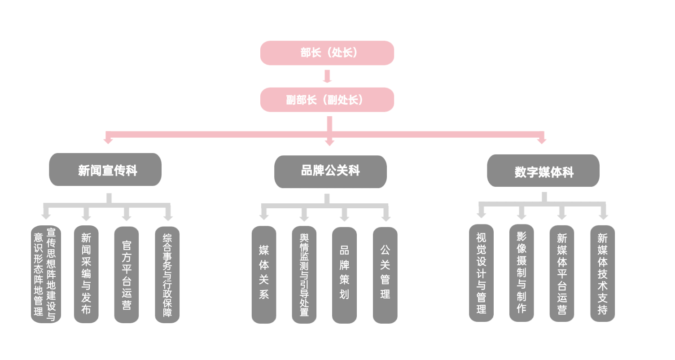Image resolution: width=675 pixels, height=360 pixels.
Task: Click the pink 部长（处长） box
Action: [x=327, y=53]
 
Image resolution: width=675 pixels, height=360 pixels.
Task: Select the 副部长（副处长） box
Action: [x=327, y=100]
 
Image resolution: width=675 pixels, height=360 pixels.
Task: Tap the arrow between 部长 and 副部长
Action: [x=327, y=76]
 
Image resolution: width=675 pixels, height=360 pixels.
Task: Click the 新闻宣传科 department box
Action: [x=105, y=170]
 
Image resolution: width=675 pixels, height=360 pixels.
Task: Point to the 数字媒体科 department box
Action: [x=544, y=171]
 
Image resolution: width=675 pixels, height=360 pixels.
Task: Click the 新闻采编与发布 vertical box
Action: [x=86, y=274]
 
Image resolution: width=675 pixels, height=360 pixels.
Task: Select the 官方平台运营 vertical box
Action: [x=127, y=275]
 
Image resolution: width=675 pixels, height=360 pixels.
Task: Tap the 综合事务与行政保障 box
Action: [x=167, y=275]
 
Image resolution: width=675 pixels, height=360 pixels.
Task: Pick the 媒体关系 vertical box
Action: [x=264, y=275]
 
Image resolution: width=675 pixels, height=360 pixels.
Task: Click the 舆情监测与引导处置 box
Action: [x=304, y=275]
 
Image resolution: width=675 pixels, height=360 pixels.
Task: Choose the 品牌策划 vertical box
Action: [x=344, y=275]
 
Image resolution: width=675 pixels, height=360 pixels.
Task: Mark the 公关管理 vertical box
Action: [x=385, y=275]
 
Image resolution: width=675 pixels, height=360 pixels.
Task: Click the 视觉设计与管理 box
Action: [x=482, y=273]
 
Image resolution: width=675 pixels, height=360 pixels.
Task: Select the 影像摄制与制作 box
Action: [x=522, y=273]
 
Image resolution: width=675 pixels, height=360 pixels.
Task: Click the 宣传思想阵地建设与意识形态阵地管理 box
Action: [x=45, y=274]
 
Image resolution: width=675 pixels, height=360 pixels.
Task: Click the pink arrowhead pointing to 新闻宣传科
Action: [x=108, y=140]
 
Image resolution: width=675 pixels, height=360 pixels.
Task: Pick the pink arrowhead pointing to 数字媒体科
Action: [x=542, y=140]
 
